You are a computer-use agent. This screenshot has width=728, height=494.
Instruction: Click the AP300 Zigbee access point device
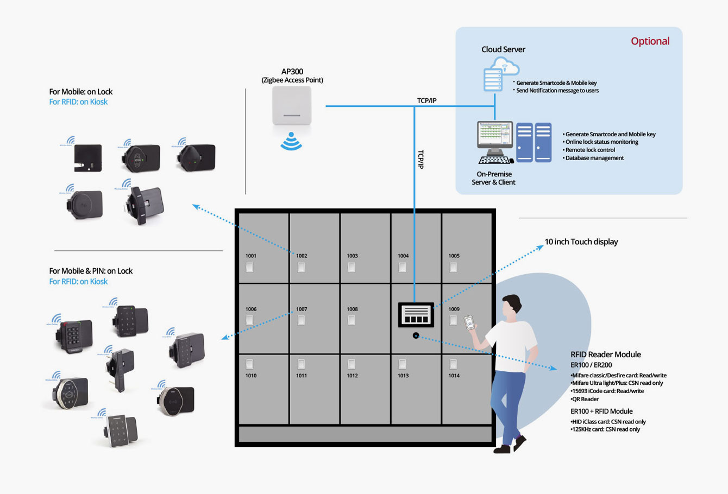[x=292, y=106]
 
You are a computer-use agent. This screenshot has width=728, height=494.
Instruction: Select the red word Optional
[x=650, y=41]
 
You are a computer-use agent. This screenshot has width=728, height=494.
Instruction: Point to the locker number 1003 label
[x=352, y=256]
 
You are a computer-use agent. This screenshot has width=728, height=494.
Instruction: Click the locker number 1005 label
[x=454, y=256]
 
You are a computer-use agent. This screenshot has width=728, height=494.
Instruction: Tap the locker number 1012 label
[x=352, y=376]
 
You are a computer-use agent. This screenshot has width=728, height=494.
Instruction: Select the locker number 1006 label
[x=250, y=309]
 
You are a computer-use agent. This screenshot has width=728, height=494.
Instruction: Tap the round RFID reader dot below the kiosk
[x=416, y=335]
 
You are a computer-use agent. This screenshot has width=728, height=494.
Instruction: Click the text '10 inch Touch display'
[x=581, y=242]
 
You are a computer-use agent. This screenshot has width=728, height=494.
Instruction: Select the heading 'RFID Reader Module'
[x=605, y=354]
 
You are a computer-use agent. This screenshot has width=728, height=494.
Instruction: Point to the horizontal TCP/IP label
[x=426, y=100]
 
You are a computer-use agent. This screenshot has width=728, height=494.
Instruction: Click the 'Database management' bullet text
[x=594, y=158]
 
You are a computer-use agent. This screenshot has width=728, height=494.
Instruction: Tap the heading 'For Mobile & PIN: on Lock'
[x=91, y=271]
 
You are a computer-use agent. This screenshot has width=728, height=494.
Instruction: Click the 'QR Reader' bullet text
[x=585, y=399]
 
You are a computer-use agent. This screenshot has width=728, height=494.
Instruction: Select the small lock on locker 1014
[x=453, y=364]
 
